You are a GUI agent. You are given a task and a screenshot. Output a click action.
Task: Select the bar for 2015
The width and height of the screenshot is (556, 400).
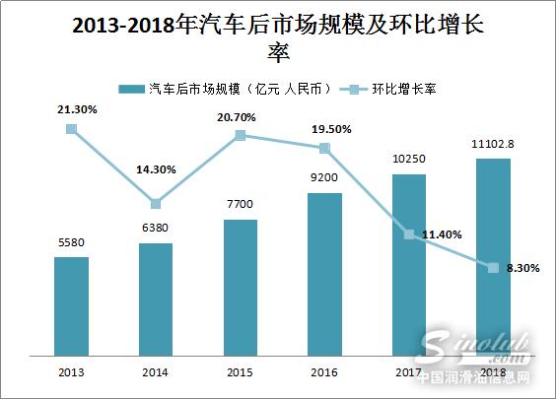coord(240,290)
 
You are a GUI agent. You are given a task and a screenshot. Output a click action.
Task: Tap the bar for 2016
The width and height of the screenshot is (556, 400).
coord(324,276)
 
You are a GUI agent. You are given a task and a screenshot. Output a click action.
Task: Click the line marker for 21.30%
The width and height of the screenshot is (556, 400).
coord(71,128)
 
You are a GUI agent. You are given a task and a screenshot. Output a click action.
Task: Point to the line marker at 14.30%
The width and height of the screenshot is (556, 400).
coord(156,204)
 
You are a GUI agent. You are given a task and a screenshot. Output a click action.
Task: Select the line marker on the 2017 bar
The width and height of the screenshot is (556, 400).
coord(408,234)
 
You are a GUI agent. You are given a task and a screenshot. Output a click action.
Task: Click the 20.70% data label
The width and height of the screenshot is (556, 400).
coord(240,116)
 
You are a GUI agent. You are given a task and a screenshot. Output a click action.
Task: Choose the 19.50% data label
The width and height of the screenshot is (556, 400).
coord(324,129)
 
